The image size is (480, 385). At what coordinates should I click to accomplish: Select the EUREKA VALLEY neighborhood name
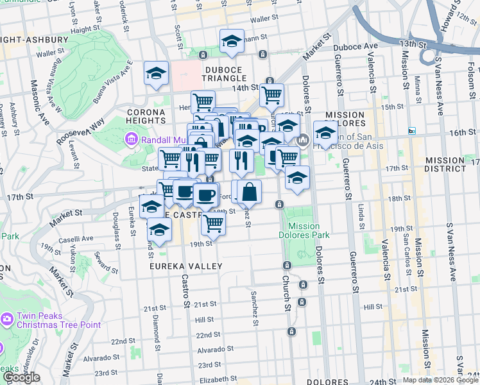pos(186,266)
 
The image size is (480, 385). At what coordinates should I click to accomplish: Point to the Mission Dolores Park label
pos(304,230)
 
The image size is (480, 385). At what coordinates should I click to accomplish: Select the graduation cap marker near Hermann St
pos(232,42)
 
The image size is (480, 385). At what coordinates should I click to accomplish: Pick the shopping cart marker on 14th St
pos(271,95)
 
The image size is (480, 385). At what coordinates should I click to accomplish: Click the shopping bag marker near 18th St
pos(249,191)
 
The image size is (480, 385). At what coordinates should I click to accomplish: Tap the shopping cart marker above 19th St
pos(213,223)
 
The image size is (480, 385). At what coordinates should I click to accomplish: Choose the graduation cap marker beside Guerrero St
pos(326,133)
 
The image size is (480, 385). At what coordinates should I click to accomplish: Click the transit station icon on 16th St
pos(412,131)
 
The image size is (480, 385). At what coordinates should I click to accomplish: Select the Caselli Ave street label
pos(76,237)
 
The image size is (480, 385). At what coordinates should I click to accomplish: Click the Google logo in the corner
pos(21,377)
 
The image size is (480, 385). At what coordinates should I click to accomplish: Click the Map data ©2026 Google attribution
pos(440,380)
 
